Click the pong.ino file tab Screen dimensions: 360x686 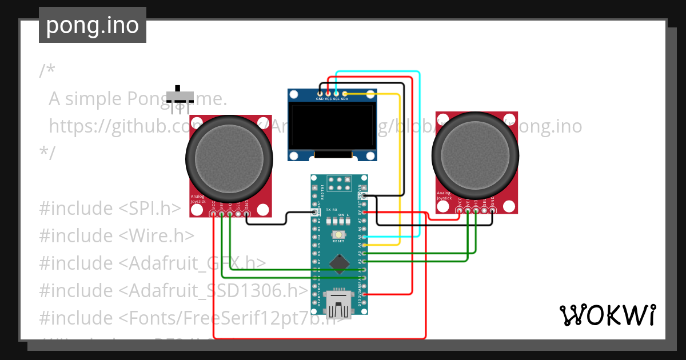pyautogui.click(x=92, y=25)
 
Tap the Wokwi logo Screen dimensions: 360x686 pyautogui.click(x=607, y=315)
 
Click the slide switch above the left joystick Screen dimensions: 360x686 pyautogui.click(x=180, y=96)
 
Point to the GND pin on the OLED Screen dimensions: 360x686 pyautogui.click(x=320, y=93)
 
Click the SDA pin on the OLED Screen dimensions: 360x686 pyautogui.click(x=345, y=93)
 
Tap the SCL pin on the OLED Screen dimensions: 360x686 pyautogui.click(x=336, y=93)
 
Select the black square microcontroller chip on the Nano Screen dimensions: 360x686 pyautogui.click(x=341, y=263)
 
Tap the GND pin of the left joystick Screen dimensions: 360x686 pyautogui.click(x=246, y=214)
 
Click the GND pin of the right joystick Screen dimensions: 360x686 pyautogui.click(x=492, y=211)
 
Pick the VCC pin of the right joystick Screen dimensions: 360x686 pyautogui.click(x=459, y=211)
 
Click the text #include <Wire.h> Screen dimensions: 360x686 pyautogui.click(x=117, y=235)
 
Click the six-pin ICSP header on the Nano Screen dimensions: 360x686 pyautogui.click(x=339, y=183)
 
